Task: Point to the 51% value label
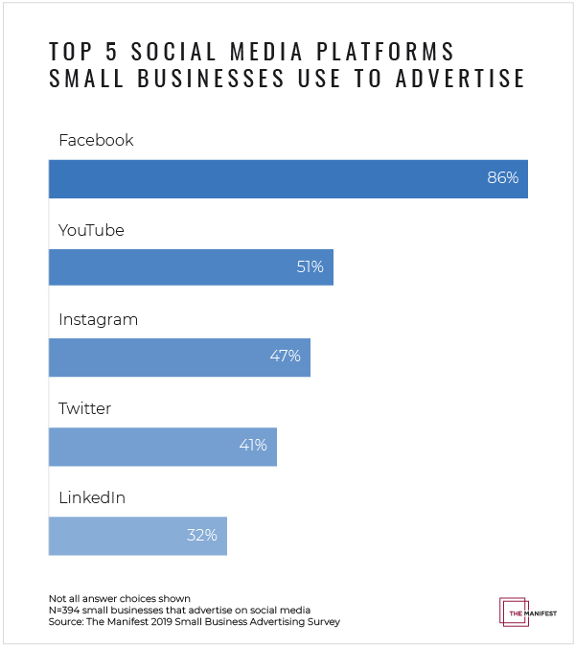[310, 267]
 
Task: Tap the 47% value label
[285, 357]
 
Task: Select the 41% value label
[252, 447]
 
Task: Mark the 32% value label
[202, 536]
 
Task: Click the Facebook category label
[96, 140]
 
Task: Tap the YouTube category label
[91, 230]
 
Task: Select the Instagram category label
[98, 319]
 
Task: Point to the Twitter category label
[84, 408]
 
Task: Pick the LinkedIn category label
[92, 497]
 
